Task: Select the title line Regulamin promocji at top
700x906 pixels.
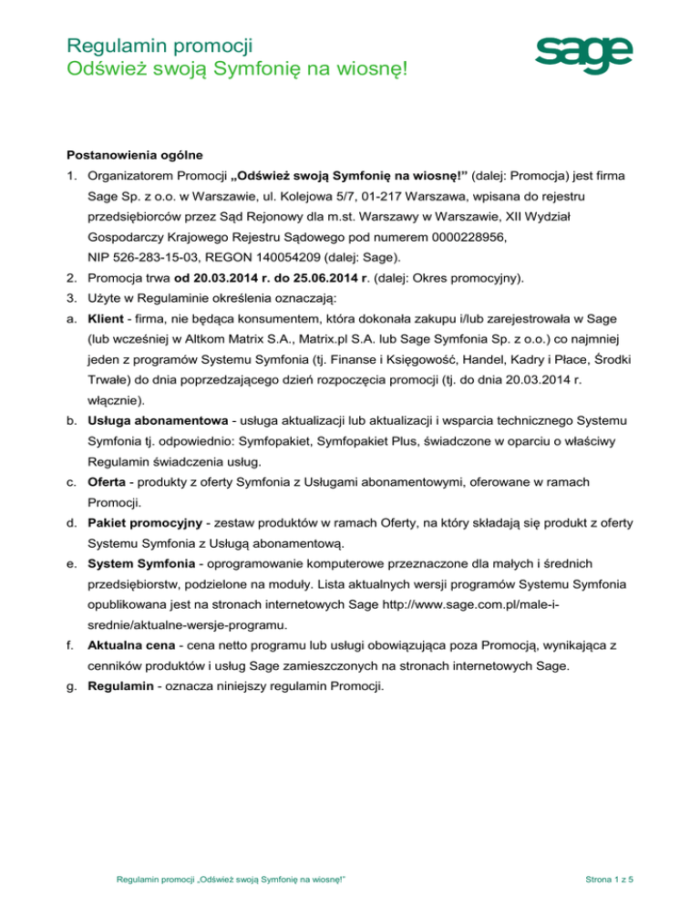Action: (160, 41)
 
